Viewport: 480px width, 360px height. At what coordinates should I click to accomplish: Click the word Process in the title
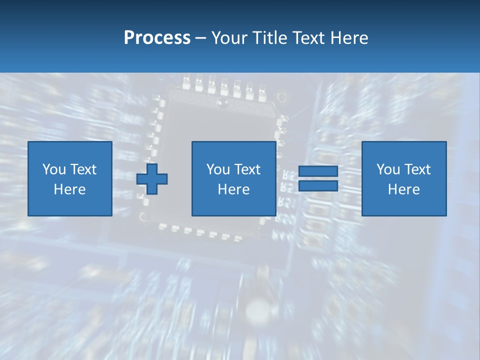157,38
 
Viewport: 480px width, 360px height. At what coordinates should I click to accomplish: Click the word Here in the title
349,38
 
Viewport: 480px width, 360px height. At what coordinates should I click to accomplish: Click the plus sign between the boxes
152,178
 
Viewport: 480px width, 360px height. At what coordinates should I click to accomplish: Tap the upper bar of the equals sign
318,171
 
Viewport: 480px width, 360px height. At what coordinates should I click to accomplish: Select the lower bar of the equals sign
318,185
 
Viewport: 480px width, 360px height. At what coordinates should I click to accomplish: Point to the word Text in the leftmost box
83,169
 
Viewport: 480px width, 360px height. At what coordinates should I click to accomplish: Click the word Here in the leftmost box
70,189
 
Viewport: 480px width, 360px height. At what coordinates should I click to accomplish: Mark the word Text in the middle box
247,169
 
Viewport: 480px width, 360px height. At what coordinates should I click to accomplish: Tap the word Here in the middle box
234,189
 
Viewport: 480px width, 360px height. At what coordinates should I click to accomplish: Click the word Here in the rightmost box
404,189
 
